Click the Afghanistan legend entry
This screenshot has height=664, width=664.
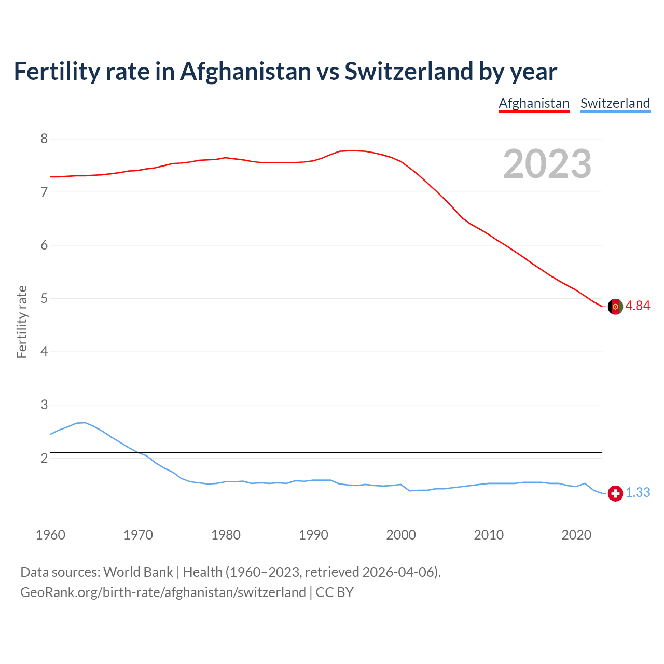(534, 103)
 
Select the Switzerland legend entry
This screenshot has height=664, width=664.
(615, 103)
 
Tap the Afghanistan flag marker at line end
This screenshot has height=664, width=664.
(615, 307)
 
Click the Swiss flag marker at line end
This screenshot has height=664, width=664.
(615, 493)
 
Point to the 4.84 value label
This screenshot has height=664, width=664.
(638, 306)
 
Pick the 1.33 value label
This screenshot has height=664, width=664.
(638, 493)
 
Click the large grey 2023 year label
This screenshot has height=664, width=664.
(547, 164)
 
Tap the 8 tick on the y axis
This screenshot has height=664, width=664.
(44, 139)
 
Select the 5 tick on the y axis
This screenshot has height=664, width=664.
(44, 298)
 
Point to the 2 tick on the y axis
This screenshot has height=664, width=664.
(44, 458)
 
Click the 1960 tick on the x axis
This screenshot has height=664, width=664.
(50, 535)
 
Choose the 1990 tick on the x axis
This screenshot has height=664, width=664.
(313, 535)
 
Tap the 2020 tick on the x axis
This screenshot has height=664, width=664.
(576, 535)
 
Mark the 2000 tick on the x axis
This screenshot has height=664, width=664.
(401, 535)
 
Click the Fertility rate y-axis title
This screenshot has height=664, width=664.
(22, 322)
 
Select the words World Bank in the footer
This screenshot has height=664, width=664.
(138, 572)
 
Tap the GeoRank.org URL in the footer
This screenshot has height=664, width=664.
(163, 592)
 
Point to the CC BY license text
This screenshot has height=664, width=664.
(335, 592)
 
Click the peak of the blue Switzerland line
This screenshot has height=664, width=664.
(85, 422)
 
